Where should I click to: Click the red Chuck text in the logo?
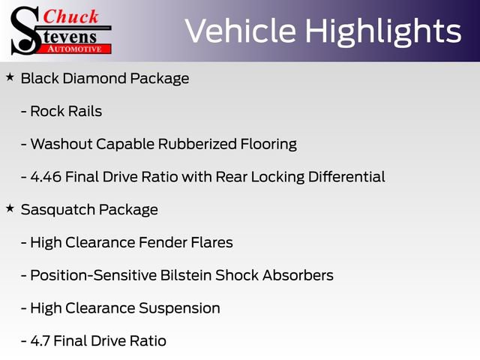(x=70, y=16)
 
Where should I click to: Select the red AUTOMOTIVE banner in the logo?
(x=74, y=49)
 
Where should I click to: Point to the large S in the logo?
(x=25, y=31)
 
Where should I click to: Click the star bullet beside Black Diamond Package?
(x=10, y=77)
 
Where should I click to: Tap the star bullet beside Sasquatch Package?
(x=10, y=208)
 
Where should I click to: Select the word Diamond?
(x=95, y=78)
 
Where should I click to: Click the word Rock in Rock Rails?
(x=47, y=111)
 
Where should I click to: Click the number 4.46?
(x=46, y=177)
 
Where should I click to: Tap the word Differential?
(x=346, y=177)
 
